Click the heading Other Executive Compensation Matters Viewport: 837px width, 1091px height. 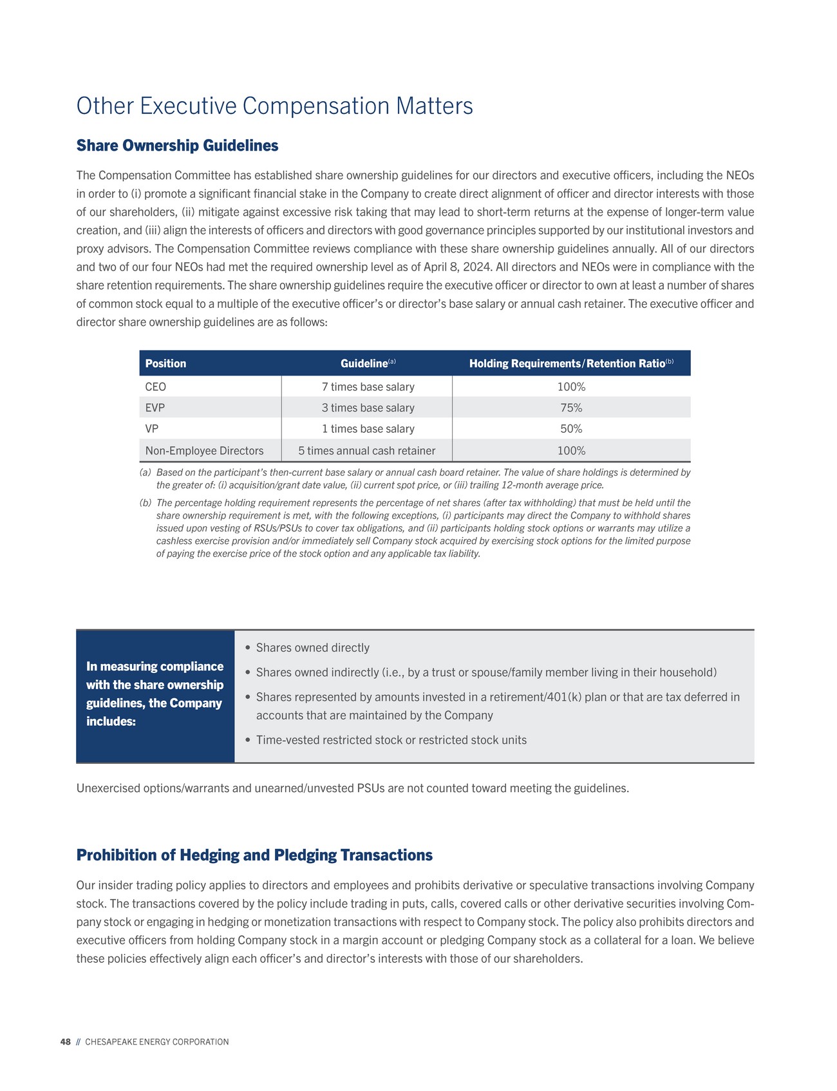[274, 106]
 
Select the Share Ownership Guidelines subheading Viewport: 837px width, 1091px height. [177, 146]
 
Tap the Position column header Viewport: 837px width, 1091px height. [165, 364]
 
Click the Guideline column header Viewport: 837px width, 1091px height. [364, 364]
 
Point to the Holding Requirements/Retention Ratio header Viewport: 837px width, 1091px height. [567, 364]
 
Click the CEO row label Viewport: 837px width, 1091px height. [156, 387]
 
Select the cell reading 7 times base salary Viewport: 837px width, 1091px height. [368, 387]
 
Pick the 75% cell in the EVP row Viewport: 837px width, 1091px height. [571, 408]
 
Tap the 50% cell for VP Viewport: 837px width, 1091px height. [571, 429]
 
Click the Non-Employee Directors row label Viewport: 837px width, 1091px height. [204, 451]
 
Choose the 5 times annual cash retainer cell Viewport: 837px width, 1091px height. [366, 451]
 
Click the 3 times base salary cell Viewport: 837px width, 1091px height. [368, 408]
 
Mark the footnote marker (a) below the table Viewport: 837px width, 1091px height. [146, 473]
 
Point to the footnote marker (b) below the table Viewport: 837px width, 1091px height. [146, 503]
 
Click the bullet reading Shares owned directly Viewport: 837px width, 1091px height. [312, 648]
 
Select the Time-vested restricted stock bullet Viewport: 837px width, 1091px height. [391, 740]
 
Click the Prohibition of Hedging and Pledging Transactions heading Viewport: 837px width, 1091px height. [254, 855]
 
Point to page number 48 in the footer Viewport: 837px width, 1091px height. [65, 1042]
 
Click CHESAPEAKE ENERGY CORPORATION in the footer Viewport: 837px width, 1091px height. [156, 1042]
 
